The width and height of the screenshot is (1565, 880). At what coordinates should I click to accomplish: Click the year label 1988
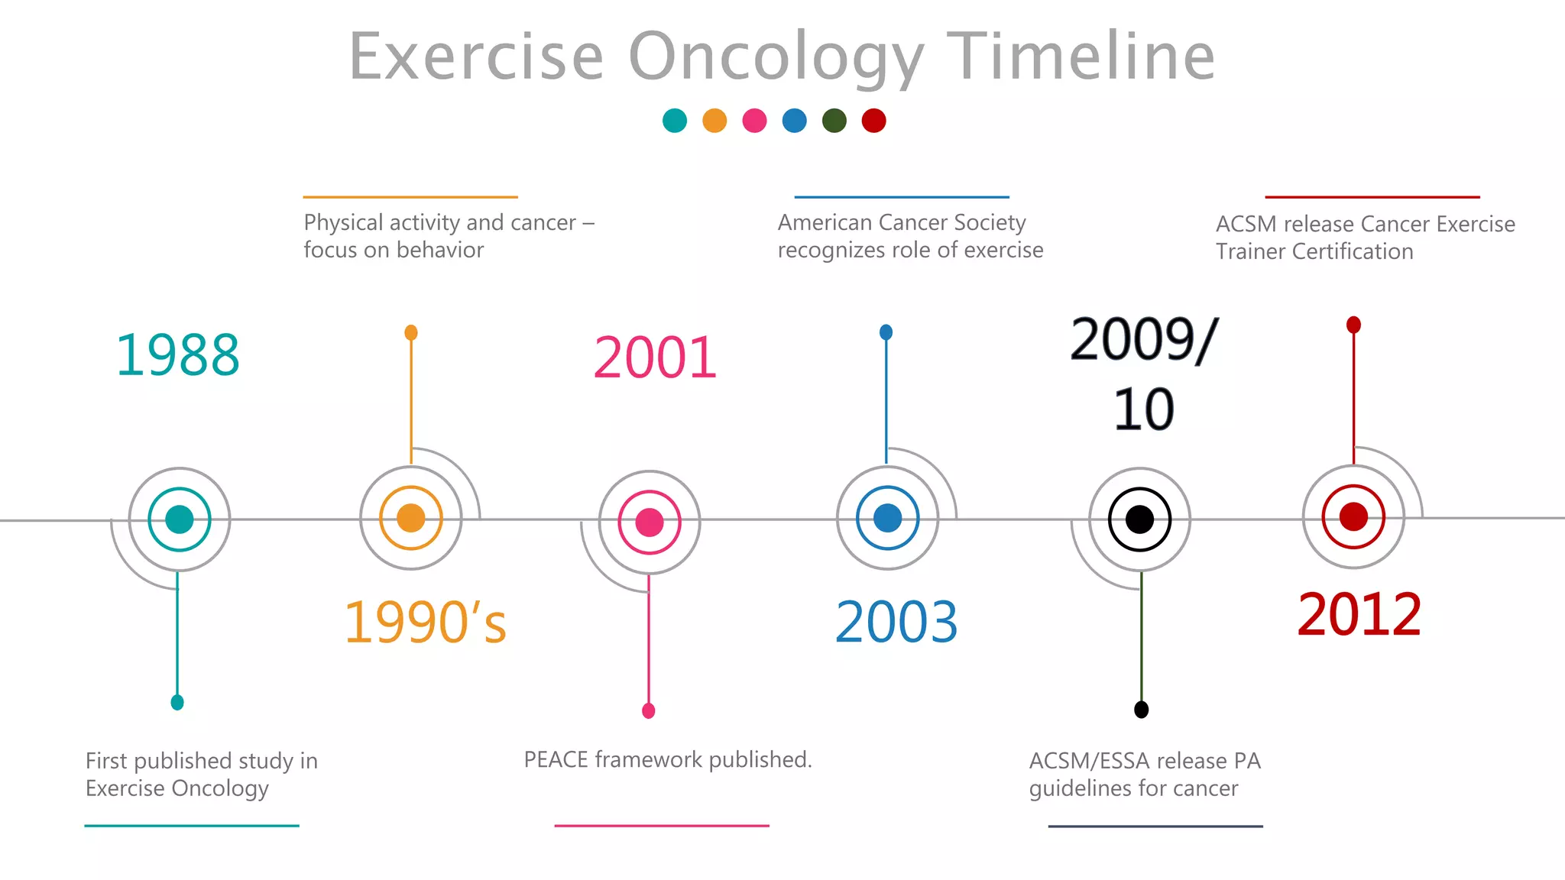(x=177, y=356)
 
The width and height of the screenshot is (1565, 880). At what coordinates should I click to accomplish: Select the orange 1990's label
(x=425, y=623)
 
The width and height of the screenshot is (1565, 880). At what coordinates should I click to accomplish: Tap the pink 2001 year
(x=655, y=358)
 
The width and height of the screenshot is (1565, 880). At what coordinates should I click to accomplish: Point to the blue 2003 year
(x=896, y=623)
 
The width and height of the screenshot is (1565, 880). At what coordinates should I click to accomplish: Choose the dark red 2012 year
(x=1359, y=615)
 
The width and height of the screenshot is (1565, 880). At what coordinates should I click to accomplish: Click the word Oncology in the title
(x=776, y=58)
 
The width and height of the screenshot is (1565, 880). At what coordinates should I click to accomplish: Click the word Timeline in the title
(x=1081, y=57)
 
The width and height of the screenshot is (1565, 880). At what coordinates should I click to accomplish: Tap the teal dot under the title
(x=675, y=121)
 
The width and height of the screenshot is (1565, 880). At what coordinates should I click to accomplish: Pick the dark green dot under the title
(x=834, y=121)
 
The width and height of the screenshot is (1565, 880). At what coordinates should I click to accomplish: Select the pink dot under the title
(x=754, y=121)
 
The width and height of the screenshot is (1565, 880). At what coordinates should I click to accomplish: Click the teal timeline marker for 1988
(x=180, y=519)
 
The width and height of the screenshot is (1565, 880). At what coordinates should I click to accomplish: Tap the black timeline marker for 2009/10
(x=1139, y=519)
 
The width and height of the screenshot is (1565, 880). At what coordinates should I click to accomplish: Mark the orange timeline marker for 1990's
(x=411, y=518)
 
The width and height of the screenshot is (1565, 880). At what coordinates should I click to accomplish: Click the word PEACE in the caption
(x=556, y=760)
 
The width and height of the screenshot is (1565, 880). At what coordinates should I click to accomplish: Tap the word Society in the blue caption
(x=990, y=223)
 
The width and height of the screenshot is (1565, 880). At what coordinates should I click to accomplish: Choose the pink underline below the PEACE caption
(x=662, y=826)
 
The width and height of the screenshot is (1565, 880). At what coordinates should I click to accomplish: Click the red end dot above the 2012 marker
(x=1353, y=325)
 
